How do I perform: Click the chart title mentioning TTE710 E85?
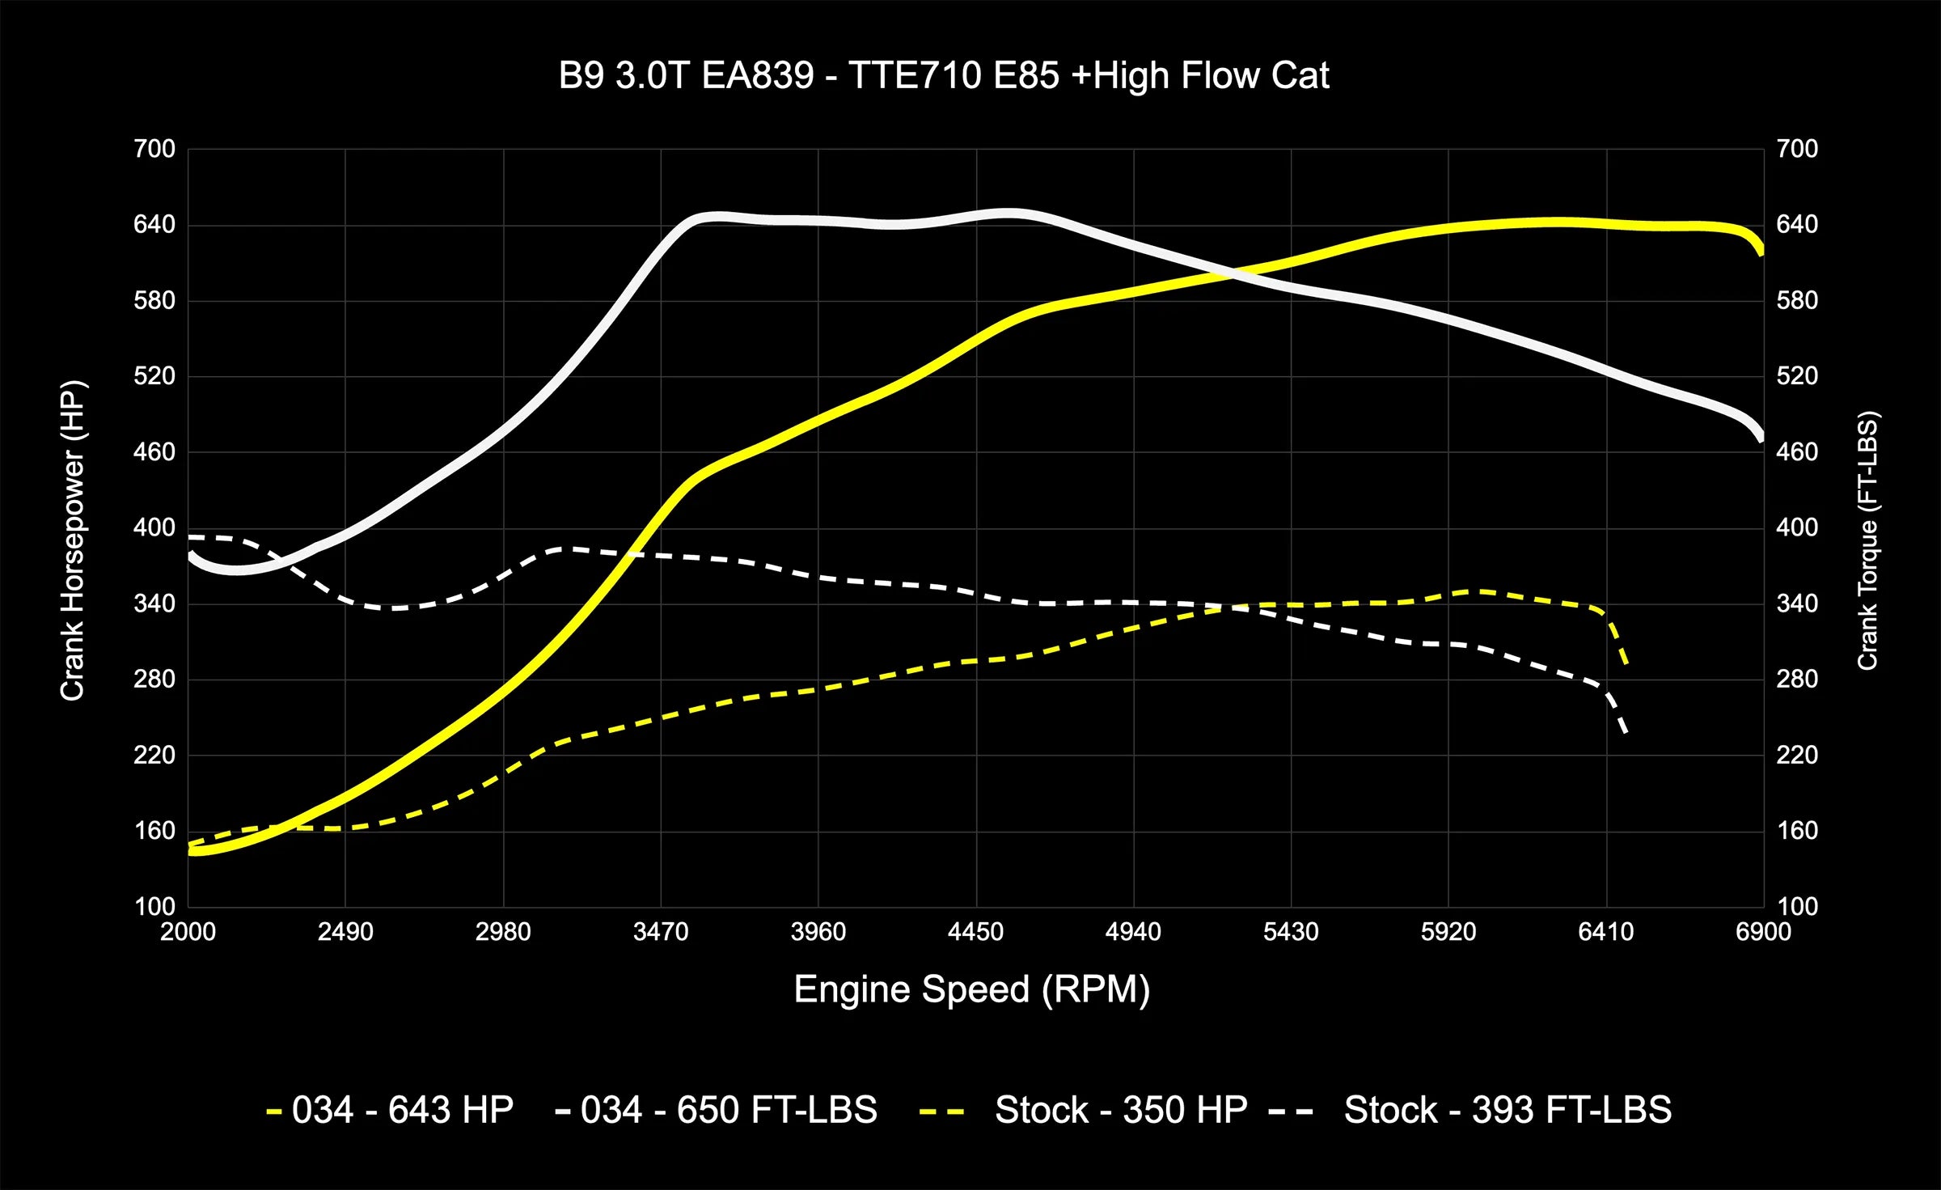(943, 76)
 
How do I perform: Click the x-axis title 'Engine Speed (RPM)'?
(971, 989)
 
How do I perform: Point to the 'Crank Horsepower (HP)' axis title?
(73, 540)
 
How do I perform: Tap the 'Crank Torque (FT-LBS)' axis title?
(1867, 540)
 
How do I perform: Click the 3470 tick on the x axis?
(661, 932)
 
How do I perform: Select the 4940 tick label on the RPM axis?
(1133, 932)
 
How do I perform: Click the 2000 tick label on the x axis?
(188, 932)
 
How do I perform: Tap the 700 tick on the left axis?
(154, 149)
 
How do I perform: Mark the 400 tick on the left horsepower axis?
(154, 527)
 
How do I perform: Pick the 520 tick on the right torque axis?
(1797, 376)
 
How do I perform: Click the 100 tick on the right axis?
(1797, 906)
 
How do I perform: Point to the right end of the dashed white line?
(1625, 733)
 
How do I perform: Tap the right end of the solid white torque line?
(1761, 439)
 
